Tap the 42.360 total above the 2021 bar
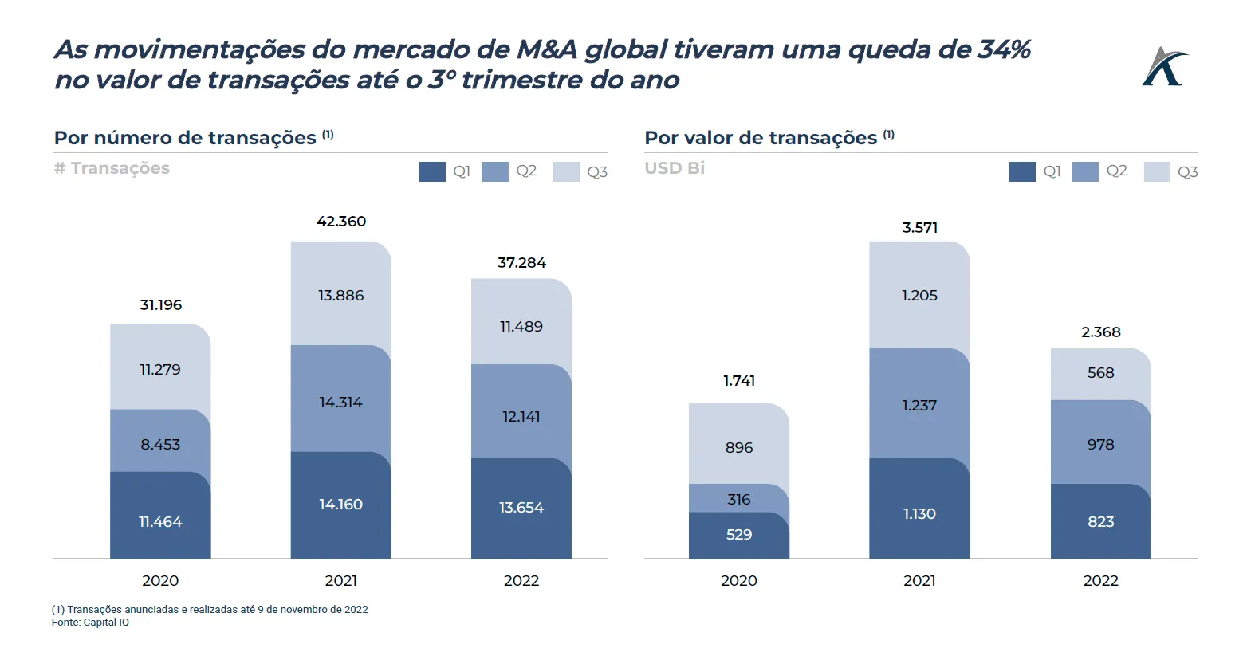tap(341, 222)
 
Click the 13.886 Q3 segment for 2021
tap(340, 294)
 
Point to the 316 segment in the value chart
tap(739, 499)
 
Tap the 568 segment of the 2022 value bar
tap(1100, 373)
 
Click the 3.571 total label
tap(920, 228)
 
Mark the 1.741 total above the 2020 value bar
tap(739, 381)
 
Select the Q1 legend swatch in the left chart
tap(432, 171)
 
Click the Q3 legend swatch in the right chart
tap(1156, 171)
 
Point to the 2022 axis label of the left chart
tap(521, 581)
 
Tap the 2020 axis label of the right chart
tap(739, 581)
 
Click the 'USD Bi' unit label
tap(675, 168)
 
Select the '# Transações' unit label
tap(112, 168)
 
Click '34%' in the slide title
tap(1004, 49)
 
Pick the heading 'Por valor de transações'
tap(761, 138)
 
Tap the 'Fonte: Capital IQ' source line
tap(90, 623)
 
